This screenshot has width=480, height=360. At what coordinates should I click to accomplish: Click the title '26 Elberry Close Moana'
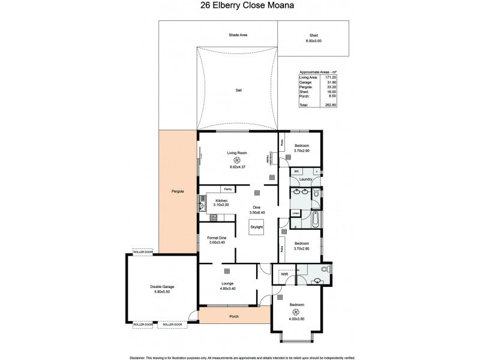(239, 8)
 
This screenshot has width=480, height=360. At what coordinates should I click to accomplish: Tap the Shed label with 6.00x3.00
(314, 38)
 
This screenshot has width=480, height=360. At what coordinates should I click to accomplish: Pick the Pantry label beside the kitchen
(228, 189)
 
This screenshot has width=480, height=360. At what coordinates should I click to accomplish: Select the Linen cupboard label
(295, 213)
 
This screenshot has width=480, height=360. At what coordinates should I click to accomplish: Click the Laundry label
(308, 179)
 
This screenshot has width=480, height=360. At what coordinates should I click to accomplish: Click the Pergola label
(176, 191)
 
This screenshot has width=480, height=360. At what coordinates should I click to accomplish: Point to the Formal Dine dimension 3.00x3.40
(216, 242)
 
